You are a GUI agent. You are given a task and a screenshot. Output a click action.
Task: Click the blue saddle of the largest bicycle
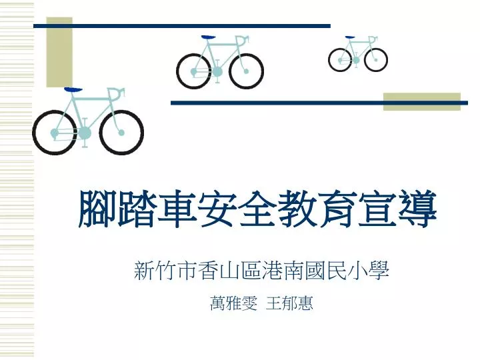click(73, 90)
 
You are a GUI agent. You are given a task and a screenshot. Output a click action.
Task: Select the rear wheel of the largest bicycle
click(34, 133)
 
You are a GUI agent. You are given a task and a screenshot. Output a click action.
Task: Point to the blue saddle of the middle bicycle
click(209, 37)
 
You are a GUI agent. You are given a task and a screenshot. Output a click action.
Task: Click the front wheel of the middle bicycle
click(230, 71)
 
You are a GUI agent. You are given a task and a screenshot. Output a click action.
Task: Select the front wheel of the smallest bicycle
click(365, 60)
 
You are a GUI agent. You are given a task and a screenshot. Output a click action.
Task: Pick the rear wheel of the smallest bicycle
click(329, 60)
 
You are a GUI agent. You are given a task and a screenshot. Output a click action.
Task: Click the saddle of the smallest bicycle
click(350, 37)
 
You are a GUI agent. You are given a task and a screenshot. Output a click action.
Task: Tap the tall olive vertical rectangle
click(59, 52)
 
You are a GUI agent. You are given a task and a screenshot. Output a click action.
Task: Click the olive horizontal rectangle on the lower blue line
click(422, 101)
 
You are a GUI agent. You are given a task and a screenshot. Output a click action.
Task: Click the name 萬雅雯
click(233, 303)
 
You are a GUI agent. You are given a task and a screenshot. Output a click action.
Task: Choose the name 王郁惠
click(289, 303)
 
